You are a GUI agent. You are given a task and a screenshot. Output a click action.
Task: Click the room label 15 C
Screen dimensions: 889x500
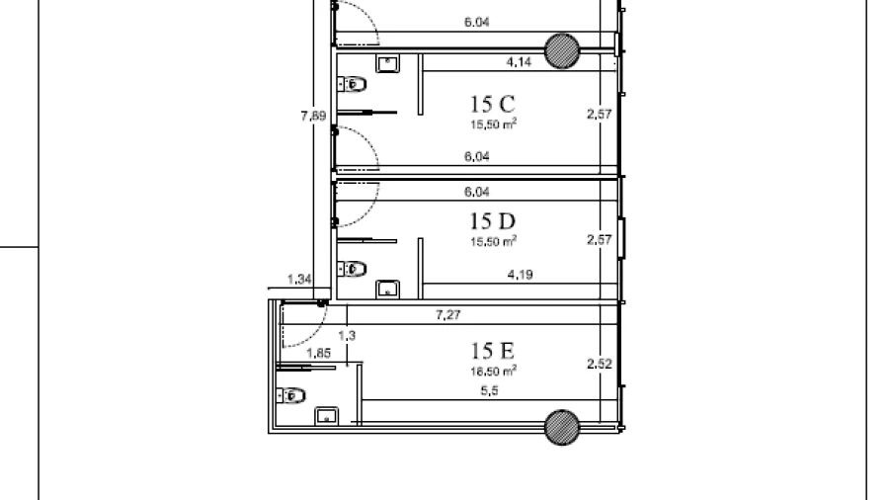coord(492,105)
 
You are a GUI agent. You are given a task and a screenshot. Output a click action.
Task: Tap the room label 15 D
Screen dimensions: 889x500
coord(492,221)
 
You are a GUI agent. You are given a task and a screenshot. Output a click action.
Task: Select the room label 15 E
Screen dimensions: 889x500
coord(492,351)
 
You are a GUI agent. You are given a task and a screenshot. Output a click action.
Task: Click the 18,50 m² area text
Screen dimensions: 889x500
coord(493,372)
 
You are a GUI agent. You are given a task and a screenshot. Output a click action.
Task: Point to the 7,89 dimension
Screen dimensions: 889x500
coord(313,116)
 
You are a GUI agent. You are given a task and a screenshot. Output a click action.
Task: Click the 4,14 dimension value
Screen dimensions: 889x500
coord(519,62)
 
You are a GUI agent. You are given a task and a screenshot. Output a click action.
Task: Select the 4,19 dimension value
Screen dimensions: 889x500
coord(520,275)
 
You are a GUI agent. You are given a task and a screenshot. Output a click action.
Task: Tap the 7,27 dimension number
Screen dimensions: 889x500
coord(447,314)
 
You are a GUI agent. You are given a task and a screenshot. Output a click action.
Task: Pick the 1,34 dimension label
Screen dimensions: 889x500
coord(299,279)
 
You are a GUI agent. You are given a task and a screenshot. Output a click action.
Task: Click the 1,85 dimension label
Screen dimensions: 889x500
coord(318,353)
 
